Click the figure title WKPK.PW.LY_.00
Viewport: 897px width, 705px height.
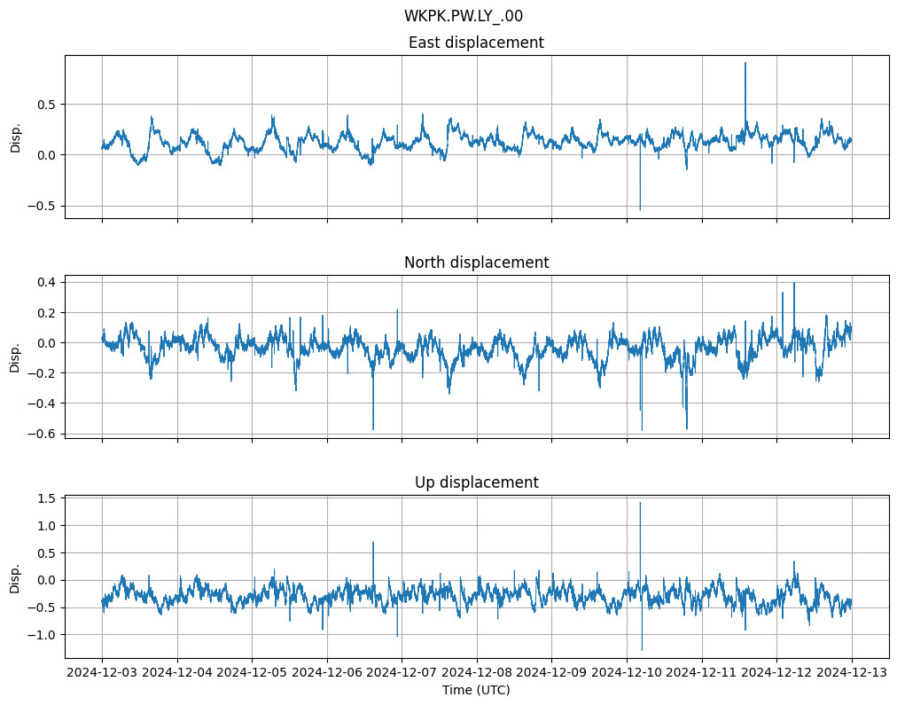coord(469,16)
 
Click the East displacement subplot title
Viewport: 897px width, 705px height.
coord(476,43)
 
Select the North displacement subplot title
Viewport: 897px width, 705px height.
coord(476,262)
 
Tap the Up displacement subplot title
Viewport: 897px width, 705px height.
coord(476,482)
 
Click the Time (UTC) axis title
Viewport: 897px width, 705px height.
coord(476,689)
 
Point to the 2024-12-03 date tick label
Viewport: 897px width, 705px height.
coord(102,672)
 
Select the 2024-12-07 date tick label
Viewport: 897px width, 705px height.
coord(402,672)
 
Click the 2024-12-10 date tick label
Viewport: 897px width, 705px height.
coord(627,672)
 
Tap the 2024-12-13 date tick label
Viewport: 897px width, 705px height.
coord(852,672)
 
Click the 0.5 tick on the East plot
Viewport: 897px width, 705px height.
coord(45,105)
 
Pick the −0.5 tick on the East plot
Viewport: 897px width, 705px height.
coord(42,206)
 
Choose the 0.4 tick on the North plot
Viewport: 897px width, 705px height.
coord(45,282)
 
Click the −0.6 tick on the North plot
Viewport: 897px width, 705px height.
coord(42,434)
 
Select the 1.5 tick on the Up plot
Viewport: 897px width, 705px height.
coord(45,498)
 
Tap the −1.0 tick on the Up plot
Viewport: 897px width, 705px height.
coord(42,635)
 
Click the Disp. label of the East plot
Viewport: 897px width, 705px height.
coord(16,137)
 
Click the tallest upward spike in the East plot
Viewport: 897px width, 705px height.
coord(745,63)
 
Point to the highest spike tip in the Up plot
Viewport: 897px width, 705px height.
coord(640,503)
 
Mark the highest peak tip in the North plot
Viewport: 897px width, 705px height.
coord(794,283)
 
